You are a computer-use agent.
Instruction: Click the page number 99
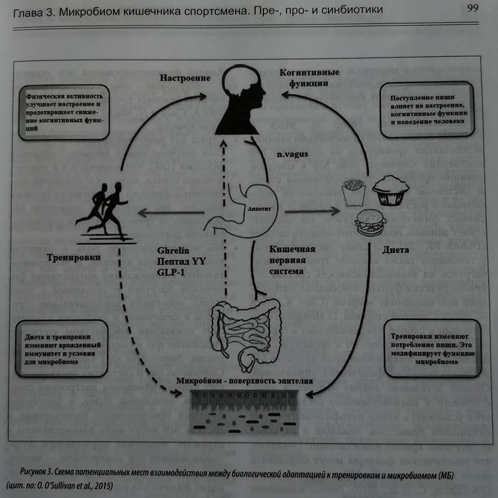(472, 8)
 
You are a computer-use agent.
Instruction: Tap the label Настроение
(185, 78)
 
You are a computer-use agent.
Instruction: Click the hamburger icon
(370, 223)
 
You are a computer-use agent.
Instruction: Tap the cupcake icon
(391, 190)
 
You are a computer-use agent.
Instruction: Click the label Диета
(395, 250)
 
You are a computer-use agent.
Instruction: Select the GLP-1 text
(170, 272)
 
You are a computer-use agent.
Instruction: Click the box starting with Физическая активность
(64, 112)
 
